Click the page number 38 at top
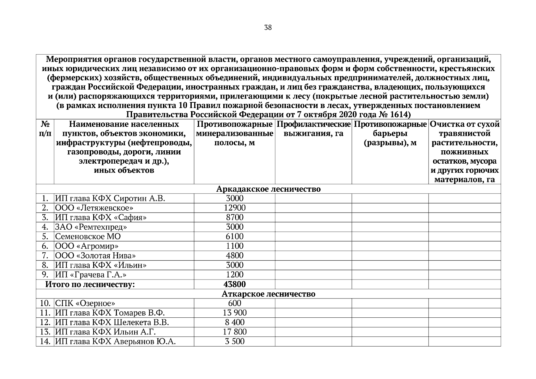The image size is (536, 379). pyautogui.click(x=268, y=28)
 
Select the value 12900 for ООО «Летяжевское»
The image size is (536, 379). pyautogui.click(x=235, y=208)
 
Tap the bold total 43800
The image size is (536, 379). pyautogui.click(x=235, y=284)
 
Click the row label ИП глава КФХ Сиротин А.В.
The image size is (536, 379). pyautogui.click(x=110, y=198)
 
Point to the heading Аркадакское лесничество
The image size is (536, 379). pyautogui.click(x=268, y=189)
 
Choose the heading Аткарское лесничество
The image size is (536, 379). pyautogui.click(x=268, y=294)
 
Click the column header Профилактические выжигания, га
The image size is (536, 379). pyautogui.click(x=313, y=129)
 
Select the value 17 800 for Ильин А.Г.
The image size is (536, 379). pyautogui.click(x=235, y=332)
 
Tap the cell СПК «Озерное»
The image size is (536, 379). pyautogui.click(x=85, y=304)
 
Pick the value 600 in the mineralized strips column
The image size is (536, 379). pyautogui.click(x=235, y=303)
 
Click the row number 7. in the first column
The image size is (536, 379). pyautogui.click(x=45, y=255)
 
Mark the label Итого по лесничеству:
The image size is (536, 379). pyautogui.click(x=90, y=284)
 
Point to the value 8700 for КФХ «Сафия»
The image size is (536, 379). pyautogui.click(x=235, y=217)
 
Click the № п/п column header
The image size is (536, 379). pyautogui.click(x=45, y=129)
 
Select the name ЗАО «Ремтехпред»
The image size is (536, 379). pyautogui.click(x=91, y=227)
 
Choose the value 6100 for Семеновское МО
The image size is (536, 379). pyautogui.click(x=235, y=236)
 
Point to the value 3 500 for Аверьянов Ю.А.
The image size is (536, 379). pyautogui.click(x=235, y=341)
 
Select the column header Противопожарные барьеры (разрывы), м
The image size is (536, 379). pyautogui.click(x=390, y=133)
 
